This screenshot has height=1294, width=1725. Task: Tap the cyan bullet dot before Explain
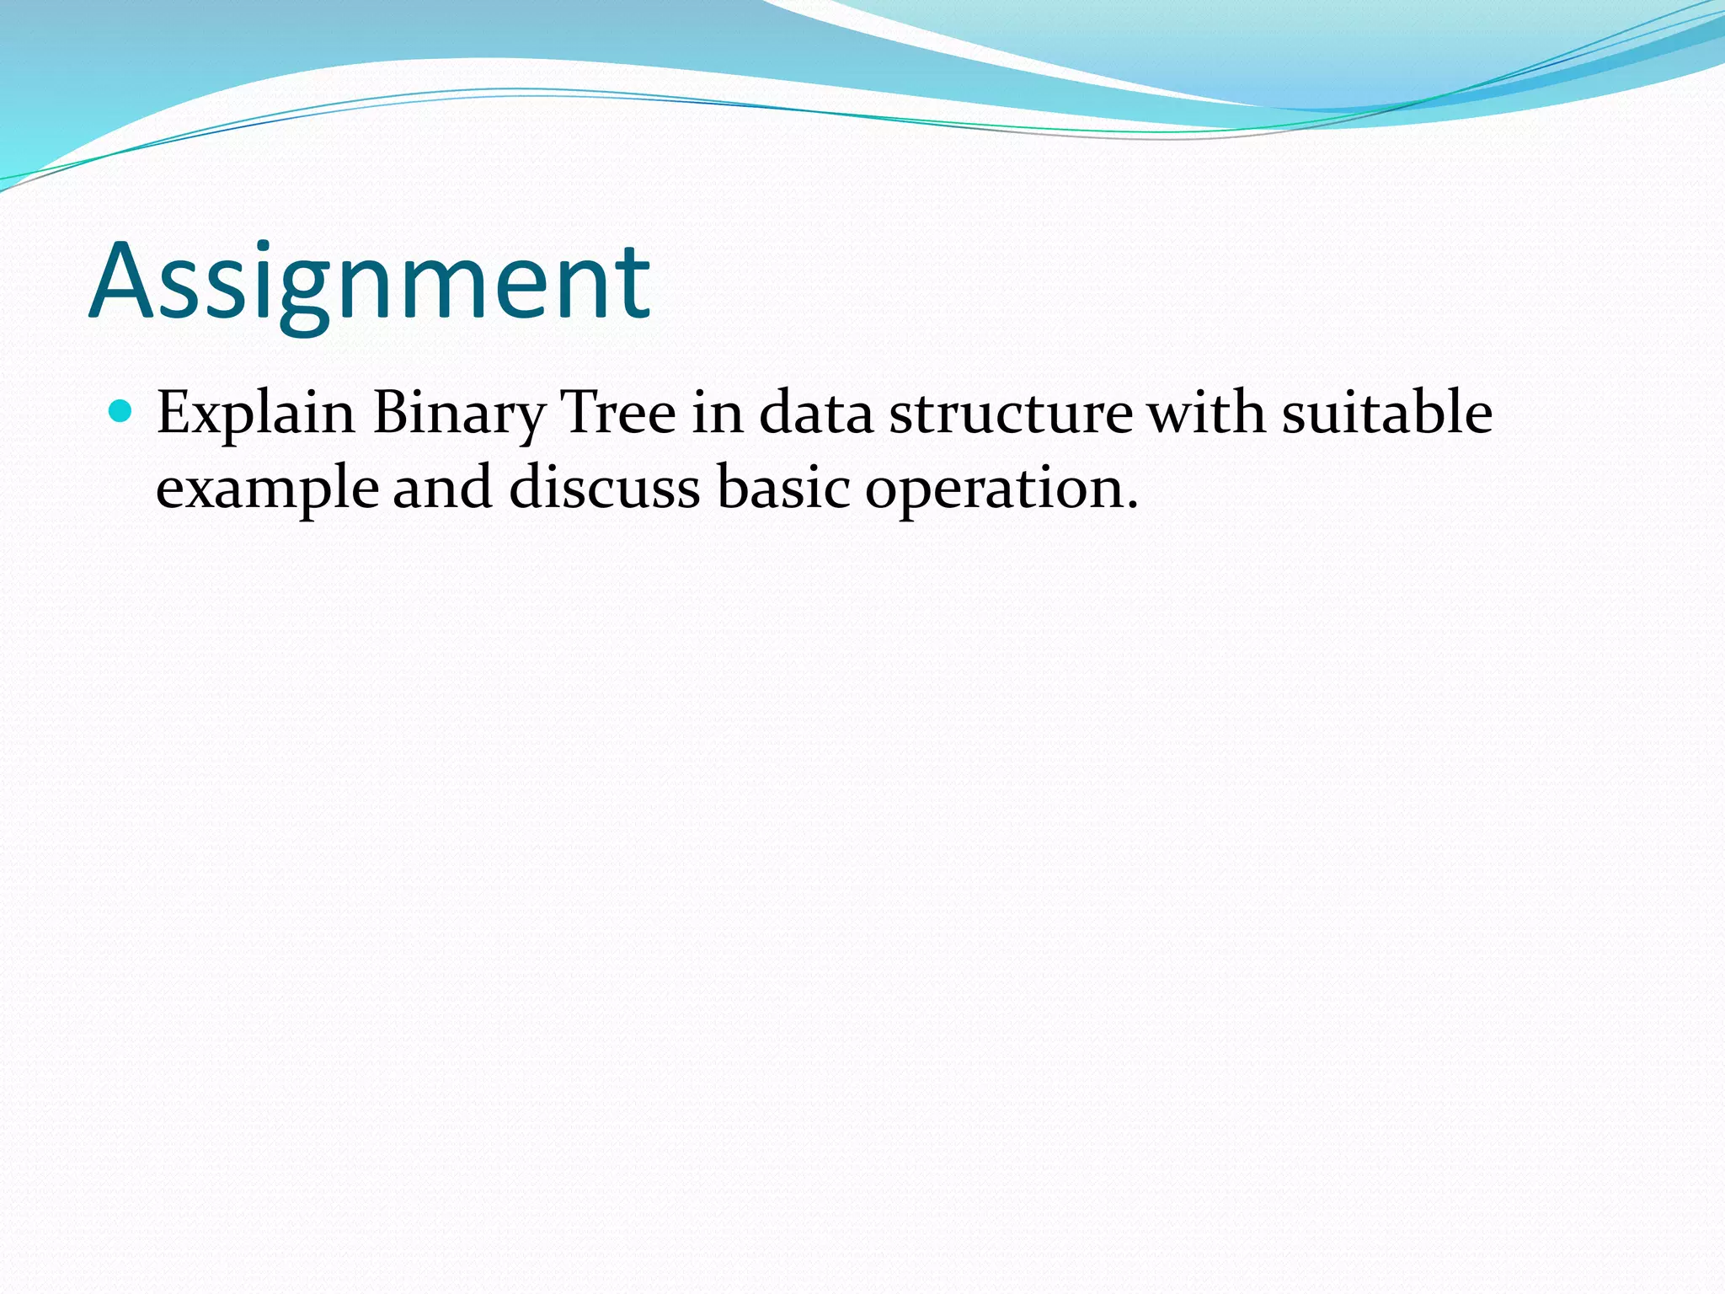(121, 411)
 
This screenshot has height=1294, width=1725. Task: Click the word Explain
(255, 414)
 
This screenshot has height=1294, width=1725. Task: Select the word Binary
(459, 414)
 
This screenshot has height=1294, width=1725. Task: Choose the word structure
(1011, 414)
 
